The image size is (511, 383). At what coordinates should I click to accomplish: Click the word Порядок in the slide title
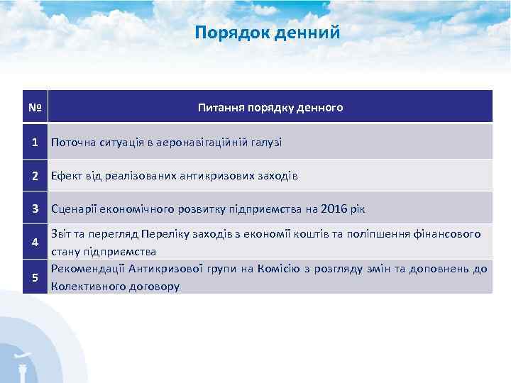226,33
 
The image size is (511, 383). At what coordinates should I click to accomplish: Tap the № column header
34,108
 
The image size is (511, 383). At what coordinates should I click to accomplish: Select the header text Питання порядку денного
270,108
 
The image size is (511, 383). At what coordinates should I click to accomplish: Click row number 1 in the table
34,142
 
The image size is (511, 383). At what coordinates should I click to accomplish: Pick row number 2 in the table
34,175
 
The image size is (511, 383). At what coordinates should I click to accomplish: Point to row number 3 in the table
34,209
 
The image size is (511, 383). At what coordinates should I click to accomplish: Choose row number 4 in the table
34,243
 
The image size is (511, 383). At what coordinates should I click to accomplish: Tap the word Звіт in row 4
61,234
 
